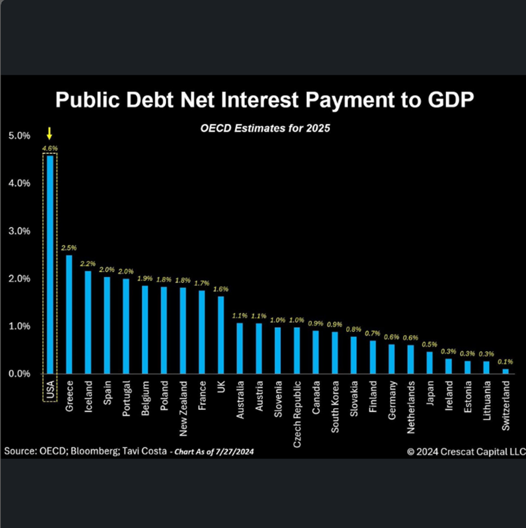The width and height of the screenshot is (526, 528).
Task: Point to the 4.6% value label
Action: pos(50,148)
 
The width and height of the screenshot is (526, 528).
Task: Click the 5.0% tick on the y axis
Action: pos(18,135)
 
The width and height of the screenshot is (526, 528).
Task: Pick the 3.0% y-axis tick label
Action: pos(18,231)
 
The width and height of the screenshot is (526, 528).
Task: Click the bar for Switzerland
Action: pos(506,371)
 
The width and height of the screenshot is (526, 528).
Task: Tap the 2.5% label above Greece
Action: pos(69,248)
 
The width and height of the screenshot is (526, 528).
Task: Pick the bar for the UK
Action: pos(221,335)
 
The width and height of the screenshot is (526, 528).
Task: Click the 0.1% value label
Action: pos(506,361)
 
